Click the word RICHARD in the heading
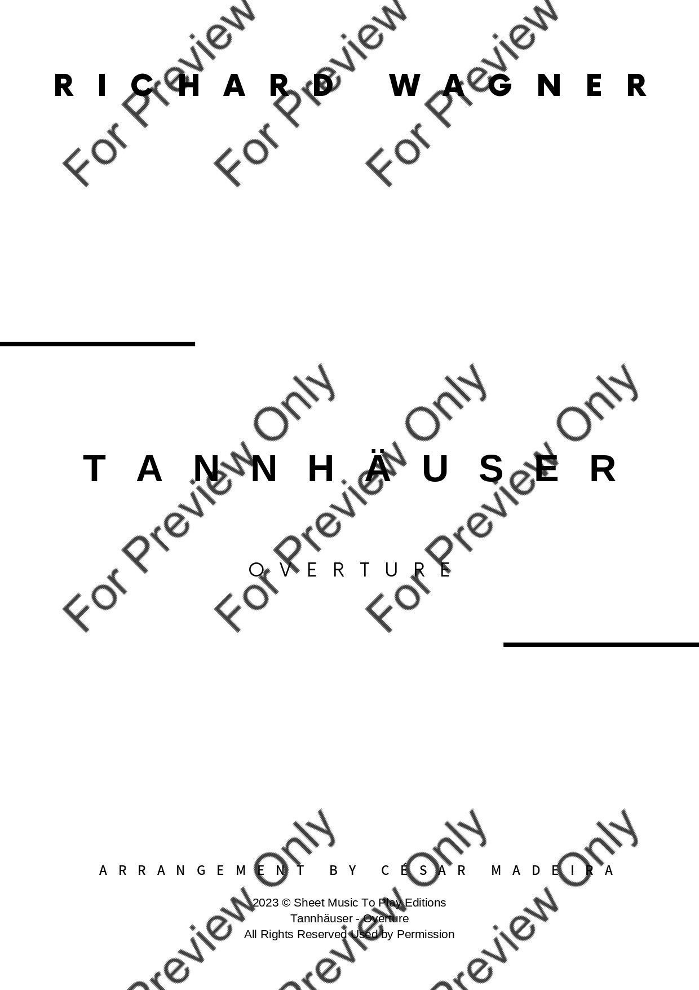(x=194, y=86)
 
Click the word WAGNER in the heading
(x=518, y=86)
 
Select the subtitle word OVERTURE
(x=350, y=570)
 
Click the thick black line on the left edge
(x=98, y=344)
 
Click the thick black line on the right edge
(x=601, y=644)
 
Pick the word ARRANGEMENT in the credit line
(x=202, y=870)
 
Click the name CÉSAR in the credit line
(x=424, y=870)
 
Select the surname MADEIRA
(x=552, y=870)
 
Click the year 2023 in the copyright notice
(x=266, y=903)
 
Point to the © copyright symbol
(x=286, y=903)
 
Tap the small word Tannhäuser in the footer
(x=321, y=918)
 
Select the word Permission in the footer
(x=426, y=934)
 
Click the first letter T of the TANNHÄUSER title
(x=95, y=468)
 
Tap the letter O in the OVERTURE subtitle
(x=256, y=570)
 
